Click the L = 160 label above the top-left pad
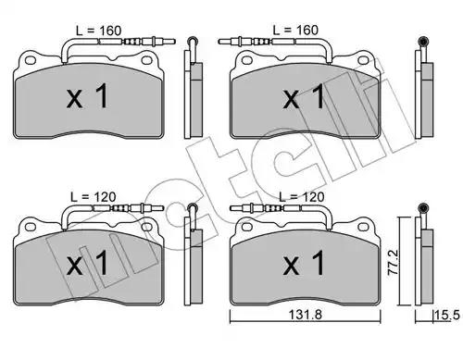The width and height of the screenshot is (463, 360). tap(99, 31)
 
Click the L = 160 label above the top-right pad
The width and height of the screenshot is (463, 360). tap(295, 31)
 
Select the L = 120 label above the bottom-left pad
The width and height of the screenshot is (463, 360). tap(94, 197)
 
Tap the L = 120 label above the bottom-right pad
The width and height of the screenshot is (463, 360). tap(302, 197)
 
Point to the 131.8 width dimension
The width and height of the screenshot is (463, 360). tap(306, 315)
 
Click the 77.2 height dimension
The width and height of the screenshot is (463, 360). tap(394, 263)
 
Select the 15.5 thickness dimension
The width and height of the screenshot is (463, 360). tap(447, 316)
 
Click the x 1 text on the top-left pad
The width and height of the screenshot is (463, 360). tap(88, 96)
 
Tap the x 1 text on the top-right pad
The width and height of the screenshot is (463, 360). tap(304, 96)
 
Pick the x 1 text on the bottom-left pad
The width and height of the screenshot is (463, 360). tap(88, 263)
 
